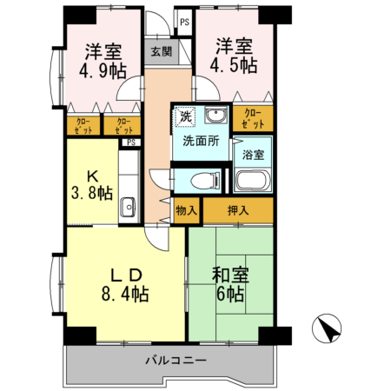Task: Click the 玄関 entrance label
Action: click(x=161, y=51)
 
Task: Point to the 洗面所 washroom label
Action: click(x=200, y=140)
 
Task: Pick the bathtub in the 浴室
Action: click(x=254, y=182)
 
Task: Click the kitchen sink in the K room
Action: click(x=129, y=208)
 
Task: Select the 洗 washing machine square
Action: click(x=185, y=116)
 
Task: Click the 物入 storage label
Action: click(x=186, y=210)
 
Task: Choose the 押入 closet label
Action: click(x=237, y=209)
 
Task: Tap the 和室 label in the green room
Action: click(x=232, y=275)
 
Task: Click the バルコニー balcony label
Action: click(x=176, y=359)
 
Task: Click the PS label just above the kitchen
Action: click(x=130, y=142)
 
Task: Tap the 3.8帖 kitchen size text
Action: click(x=92, y=192)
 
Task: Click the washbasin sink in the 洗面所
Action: click(x=215, y=116)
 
